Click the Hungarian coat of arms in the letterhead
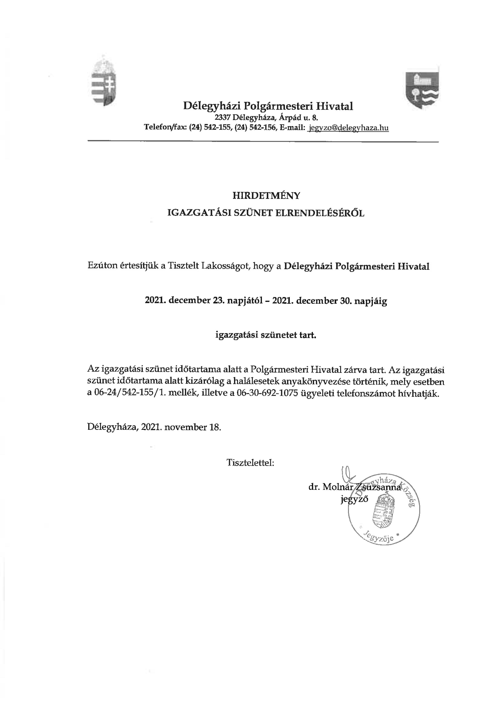point(104,82)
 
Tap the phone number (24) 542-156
point(255,128)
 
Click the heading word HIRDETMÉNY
point(266,196)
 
